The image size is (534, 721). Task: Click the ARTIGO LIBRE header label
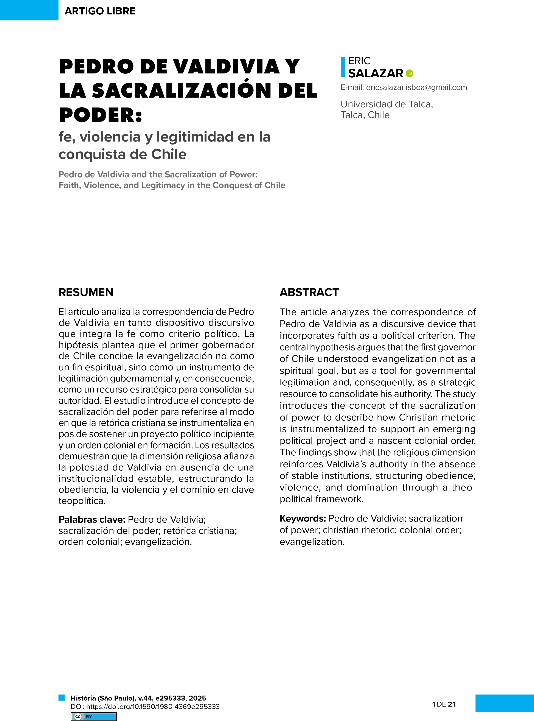100,11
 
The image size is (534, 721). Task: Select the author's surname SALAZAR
376,73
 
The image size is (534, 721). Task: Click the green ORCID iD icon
410,73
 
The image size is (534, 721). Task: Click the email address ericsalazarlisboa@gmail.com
416,87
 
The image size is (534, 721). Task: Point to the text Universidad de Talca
387,104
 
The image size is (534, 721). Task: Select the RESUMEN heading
86,292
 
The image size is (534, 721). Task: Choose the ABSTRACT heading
309,292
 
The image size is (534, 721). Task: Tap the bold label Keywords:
303,518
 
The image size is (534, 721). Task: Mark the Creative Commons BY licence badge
93,716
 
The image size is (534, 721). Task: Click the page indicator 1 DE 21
444,704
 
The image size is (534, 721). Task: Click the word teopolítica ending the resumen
82,501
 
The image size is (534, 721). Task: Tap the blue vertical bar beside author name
343,67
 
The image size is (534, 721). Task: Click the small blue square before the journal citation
61,697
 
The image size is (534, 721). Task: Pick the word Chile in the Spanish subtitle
169,154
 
